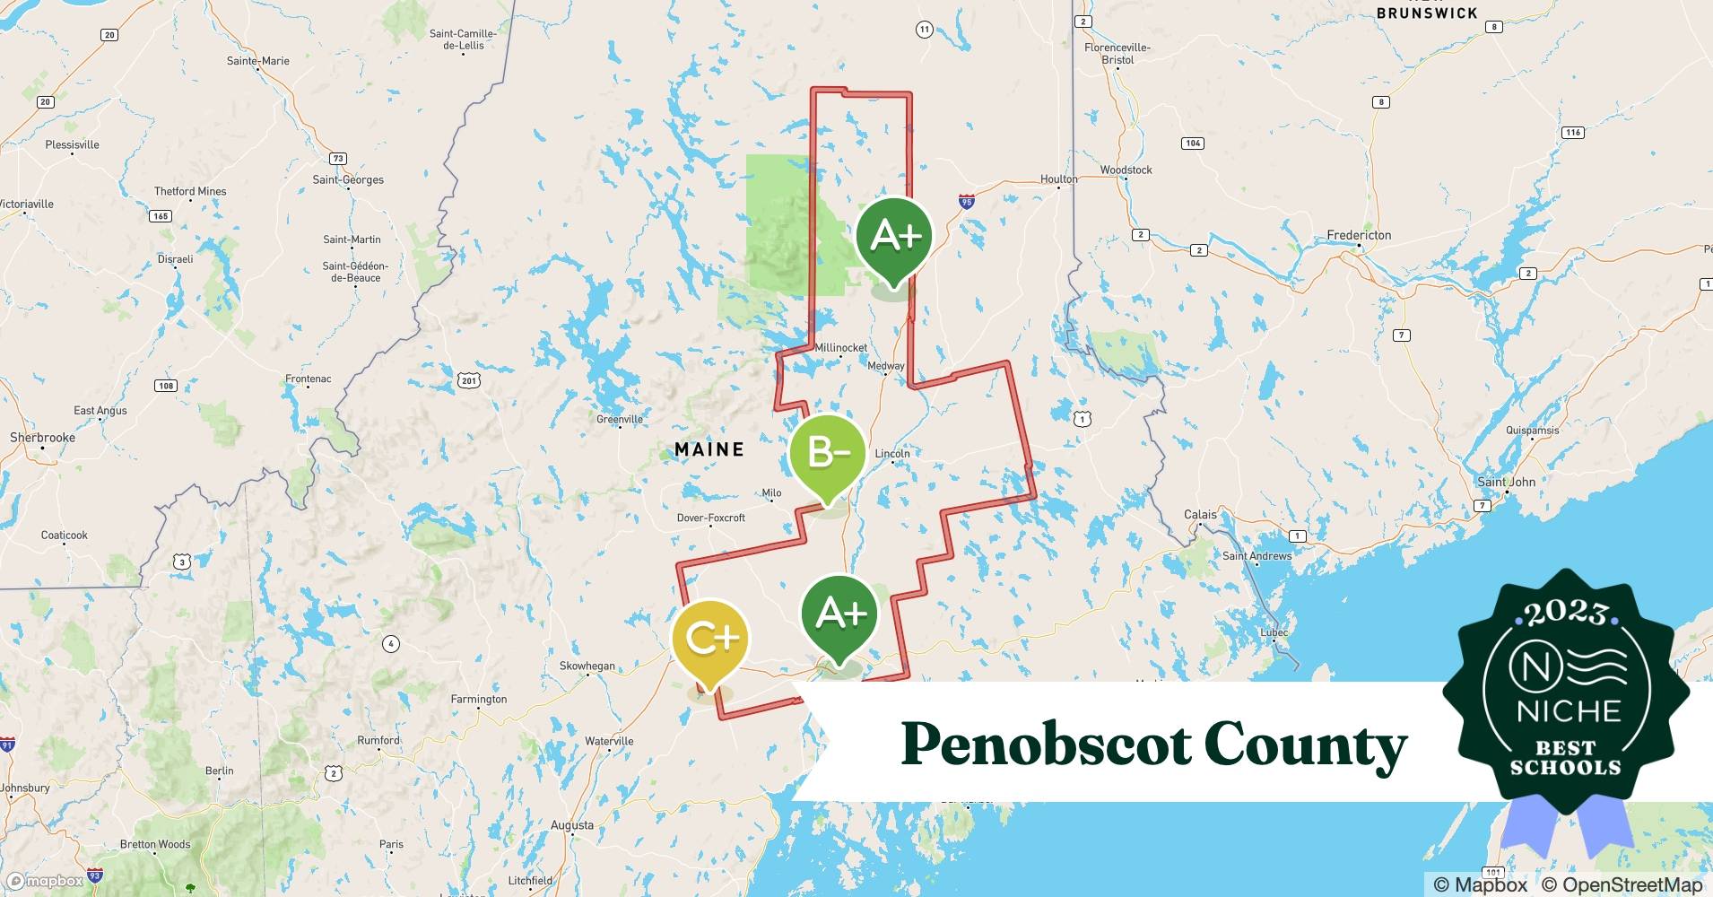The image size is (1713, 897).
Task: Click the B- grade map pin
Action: [827, 454]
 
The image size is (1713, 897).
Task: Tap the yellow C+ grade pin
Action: [709, 639]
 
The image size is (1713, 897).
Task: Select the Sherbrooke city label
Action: [42, 438]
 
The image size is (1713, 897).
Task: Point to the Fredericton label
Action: [1359, 235]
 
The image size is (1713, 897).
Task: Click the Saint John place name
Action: [1506, 482]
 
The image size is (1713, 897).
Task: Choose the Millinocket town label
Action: [841, 348]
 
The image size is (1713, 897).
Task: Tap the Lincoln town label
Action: [891, 454]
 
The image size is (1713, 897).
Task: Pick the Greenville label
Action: [620, 419]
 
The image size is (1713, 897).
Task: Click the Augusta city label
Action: [571, 825]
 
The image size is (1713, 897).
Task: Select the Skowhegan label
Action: [587, 666]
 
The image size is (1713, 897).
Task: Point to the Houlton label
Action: [1058, 179]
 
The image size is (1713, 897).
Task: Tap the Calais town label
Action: [1200, 515]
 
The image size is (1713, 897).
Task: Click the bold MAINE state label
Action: [709, 449]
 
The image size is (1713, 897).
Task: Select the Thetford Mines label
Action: [190, 191]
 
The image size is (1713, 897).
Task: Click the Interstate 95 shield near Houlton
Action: [966, 201]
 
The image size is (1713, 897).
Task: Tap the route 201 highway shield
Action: [468, 380]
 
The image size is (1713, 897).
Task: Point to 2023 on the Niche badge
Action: [1566, 613]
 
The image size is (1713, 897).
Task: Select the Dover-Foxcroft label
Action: [710, 518]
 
